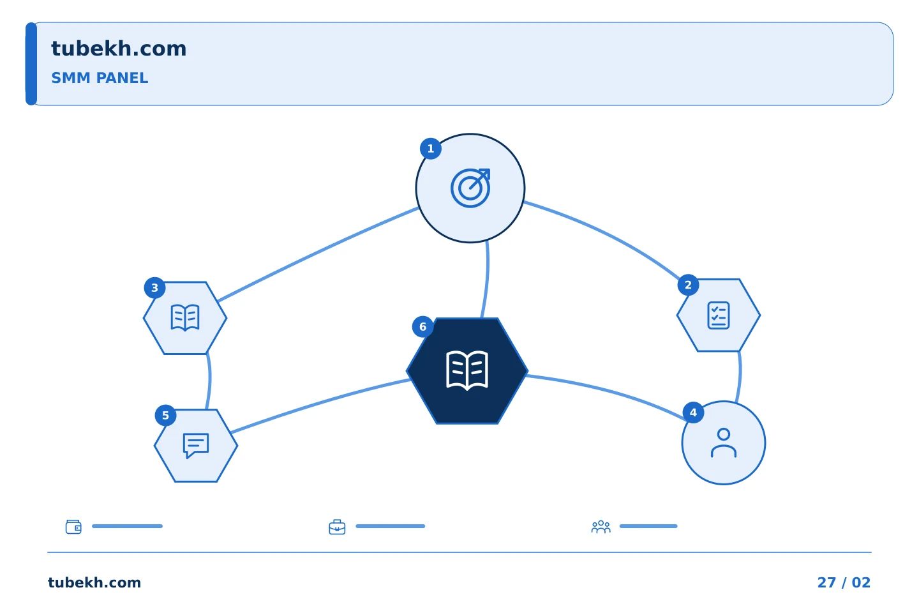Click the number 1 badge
click(x=430, y=149)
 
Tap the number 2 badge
click(x=688, y=285)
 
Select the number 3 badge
click(x=154, y=288)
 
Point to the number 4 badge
click(x=693, y=412)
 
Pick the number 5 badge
click(x=165, y=416)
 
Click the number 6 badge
click(x=422, y=327)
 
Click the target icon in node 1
click(x=470, y=188)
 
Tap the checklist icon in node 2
click(x=719, y=315)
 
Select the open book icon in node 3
click(x=185, y=317)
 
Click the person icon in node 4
click(x=724, y=443)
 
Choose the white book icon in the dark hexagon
click(x=467, y=370)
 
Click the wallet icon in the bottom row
click(x=73, y=527)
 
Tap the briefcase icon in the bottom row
click(x=337, y=527)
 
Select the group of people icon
click(x=601, y=527)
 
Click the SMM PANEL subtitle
click(x=100, y=78)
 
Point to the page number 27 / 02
click(x=844, y=582)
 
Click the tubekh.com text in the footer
click(x=94, y=582)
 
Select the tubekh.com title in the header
click(x=119, y=49)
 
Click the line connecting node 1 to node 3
click(x=318, y=254)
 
